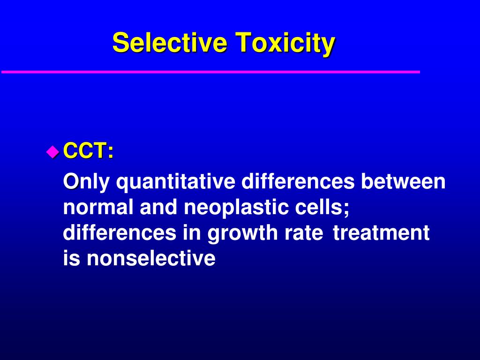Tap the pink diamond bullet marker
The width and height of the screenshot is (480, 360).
point(52,151)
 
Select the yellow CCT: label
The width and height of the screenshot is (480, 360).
point(88,151)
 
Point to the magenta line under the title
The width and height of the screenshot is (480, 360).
point(211,72)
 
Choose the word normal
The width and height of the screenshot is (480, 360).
point(97,208)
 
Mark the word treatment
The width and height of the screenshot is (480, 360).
point(381,233)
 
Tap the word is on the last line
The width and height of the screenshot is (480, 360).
point(71,259)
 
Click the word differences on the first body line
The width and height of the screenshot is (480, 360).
point(298,182)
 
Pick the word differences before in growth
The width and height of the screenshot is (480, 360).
point(119,233)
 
